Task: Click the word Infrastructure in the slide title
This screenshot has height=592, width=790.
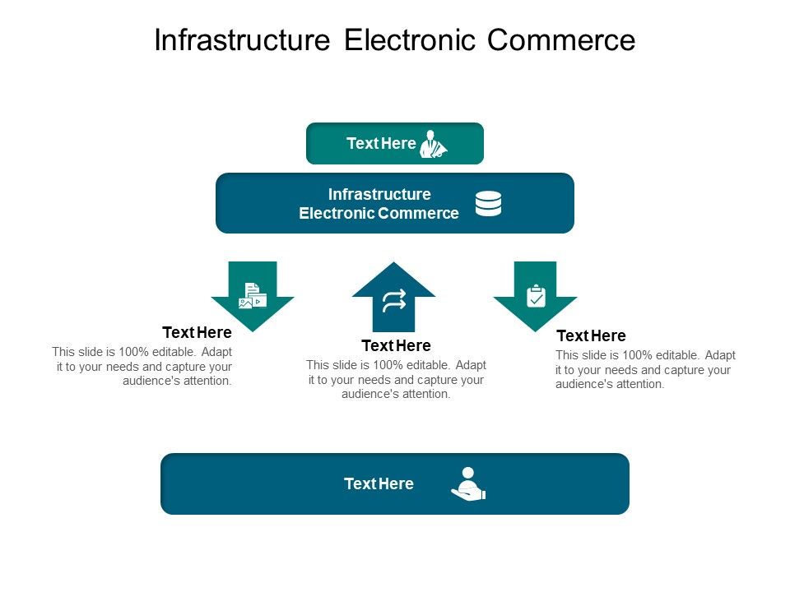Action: (x=244, y=40)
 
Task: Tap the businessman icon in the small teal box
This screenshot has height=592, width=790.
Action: (x=433, y=144)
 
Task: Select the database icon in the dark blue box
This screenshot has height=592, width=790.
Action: (x=488, y=203)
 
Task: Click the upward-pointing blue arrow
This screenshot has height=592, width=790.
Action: (x=393, y=297)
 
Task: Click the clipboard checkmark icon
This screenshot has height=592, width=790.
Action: (x=536, y=295)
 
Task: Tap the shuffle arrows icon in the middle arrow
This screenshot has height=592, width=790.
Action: (x=393, y=301)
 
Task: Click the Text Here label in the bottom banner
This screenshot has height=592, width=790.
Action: (x=379, y=483)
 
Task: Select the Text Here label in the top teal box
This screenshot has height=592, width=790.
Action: (x=381, y=143)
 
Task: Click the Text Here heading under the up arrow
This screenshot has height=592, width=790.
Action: (x=396, y=345)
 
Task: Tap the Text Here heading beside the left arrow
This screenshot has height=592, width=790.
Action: (x=197, y=332)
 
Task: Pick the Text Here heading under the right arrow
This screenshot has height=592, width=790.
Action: (x=591, y=335)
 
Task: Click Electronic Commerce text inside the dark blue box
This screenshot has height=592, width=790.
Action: (x=379, y=214)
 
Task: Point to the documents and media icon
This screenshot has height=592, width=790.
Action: (x=253, y=296)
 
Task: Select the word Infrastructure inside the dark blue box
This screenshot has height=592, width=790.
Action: (x=379, y=194)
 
